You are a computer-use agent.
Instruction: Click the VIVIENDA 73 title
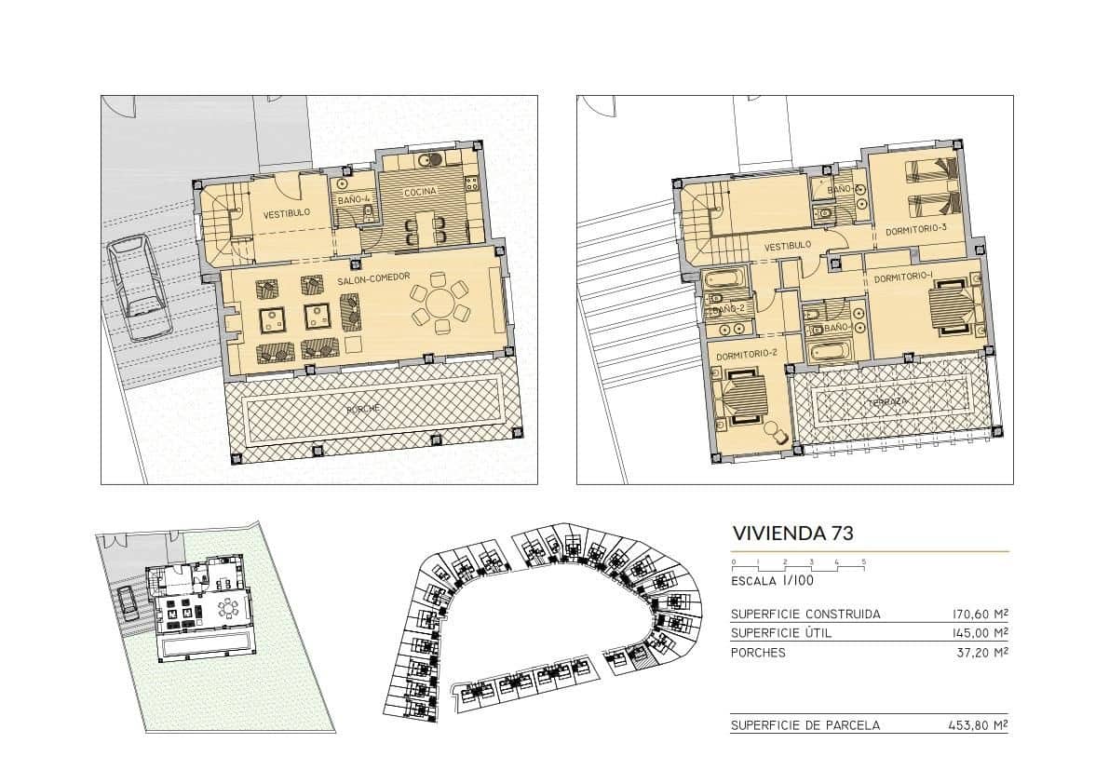pos(792,533)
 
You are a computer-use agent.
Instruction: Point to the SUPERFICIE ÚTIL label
pos(781,633)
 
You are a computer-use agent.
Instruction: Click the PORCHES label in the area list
pos(758,653)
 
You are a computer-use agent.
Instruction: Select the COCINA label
pos(420,192)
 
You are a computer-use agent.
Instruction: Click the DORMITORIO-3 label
pos(915,230)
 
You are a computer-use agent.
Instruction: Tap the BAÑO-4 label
pos(355,197)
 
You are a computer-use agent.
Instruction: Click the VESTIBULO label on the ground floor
pos(286,213)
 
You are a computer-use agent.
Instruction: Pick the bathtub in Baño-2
pos(724,279)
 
